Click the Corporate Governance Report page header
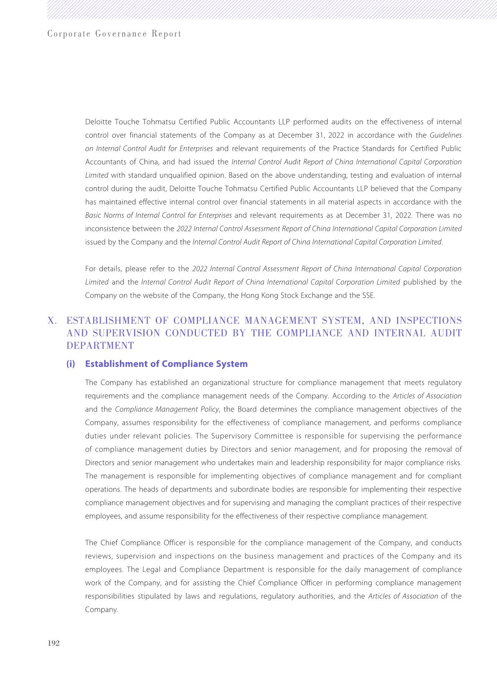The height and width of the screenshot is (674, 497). (114, 34)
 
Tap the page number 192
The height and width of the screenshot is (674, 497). (54, 643)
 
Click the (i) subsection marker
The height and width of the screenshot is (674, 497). (71, 364)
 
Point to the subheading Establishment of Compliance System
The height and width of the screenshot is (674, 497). (166, 364)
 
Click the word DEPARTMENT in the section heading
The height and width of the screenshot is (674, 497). (100, 346)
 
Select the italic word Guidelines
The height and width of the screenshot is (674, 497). (446, 135)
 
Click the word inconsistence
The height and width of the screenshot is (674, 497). (108, 229)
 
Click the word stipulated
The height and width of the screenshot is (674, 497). (153, 596)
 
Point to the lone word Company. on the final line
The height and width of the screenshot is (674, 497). (101, 610)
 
